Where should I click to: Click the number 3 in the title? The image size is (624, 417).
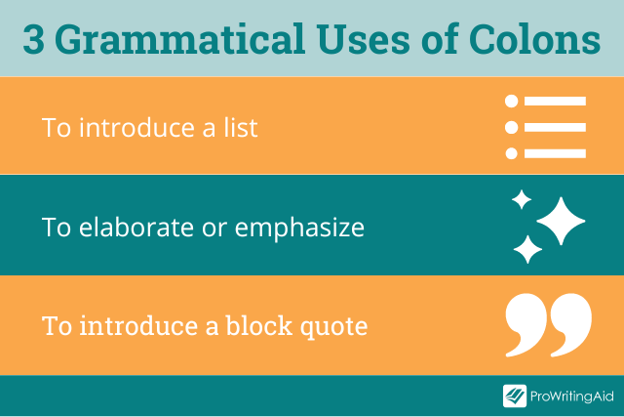click(x=35, y=40)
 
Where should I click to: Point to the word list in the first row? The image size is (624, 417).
click(x=238, y=128)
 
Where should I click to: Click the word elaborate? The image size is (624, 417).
click(x=136, y=228)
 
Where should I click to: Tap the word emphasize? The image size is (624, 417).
click(x=298, y=228)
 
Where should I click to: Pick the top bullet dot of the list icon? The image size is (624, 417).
click(x=510, y=102)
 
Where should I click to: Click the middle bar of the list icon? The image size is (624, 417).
click(x=555, y=127)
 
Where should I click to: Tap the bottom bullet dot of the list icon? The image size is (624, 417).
click(x=510, y=152)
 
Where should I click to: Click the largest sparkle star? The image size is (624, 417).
click(x=561, y=222)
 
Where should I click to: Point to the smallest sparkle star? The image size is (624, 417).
click(x=522, y=200)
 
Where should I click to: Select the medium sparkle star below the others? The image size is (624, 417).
click(x=527, y=248)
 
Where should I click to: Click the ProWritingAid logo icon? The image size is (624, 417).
click(x=514, y=396)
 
